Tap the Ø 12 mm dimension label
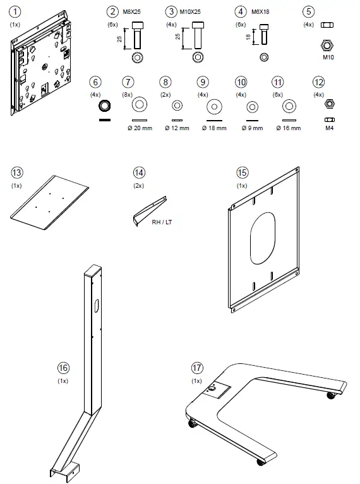[x=177, y=128]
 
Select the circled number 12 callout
[x=318, y=82]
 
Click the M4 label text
[x=328, y=128]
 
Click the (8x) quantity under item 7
[x=129, y=94]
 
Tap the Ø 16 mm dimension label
[x=289, y=128]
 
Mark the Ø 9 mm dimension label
[x=252, y=128]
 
